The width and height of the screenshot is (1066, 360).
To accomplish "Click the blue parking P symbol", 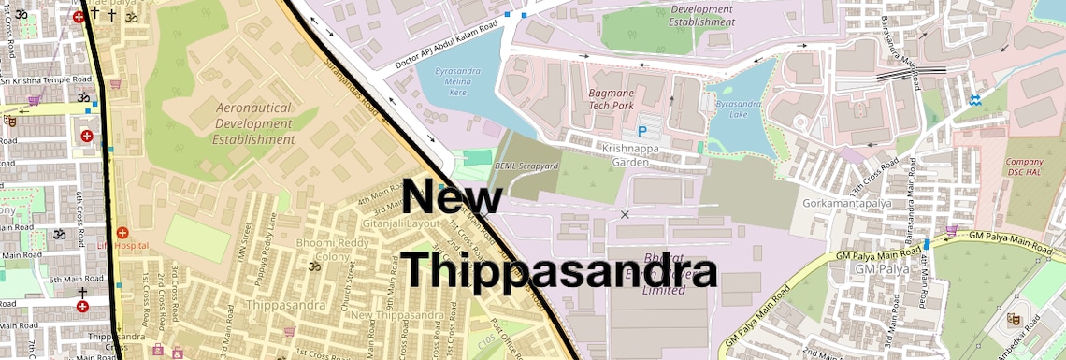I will point(641,134).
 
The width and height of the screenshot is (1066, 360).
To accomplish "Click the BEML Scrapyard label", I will point(526,166).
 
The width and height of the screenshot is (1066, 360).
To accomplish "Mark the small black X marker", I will point(625,215).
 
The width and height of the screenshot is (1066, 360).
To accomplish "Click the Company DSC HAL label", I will point(1024,168).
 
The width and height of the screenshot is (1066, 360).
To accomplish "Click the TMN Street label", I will point(247,239).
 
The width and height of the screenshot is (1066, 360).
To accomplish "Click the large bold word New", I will point(454,200).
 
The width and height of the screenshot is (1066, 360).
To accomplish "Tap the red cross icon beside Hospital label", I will point(121,232).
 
